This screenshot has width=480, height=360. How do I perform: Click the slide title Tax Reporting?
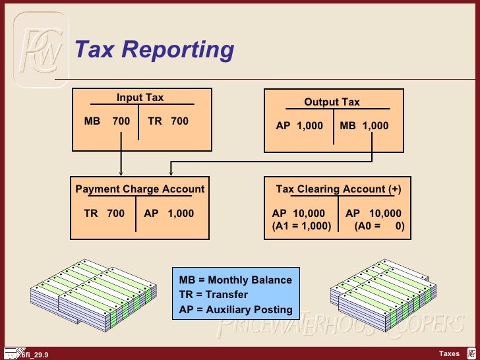154,49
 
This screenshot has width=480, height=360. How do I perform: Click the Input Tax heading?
140,98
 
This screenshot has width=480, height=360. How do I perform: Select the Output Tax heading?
332,102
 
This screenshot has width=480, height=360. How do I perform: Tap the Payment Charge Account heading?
140,189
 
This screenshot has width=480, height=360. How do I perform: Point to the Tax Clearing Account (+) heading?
338,189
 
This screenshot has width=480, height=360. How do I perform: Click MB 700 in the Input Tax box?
107,121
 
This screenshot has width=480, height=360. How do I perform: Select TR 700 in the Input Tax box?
168,121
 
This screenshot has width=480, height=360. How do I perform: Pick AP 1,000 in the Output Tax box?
299,126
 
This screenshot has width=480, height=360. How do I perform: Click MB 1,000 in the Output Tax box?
364,126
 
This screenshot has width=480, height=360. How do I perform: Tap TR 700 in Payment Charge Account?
104,214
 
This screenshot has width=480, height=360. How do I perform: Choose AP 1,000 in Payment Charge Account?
169,214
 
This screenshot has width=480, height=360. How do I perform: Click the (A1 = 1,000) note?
301,225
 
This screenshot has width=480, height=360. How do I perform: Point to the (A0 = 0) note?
379,225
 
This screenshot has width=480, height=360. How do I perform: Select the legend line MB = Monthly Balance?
235,280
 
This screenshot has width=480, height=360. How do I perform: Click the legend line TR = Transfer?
214,295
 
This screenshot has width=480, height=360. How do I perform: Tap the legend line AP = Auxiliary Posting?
235,310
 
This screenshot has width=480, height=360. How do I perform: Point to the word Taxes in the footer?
449,354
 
